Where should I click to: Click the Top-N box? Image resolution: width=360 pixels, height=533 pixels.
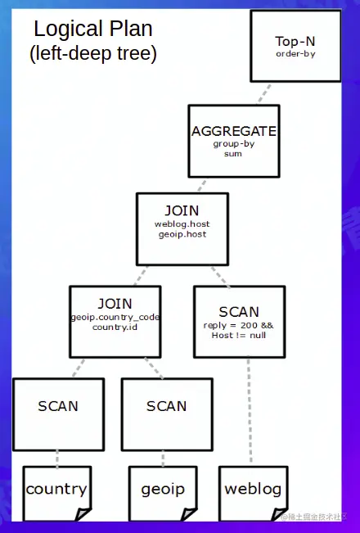pos(295,46)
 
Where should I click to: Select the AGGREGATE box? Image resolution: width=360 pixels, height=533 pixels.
pos(233,141)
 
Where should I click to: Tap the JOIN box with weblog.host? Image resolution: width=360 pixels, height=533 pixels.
pos(182,229)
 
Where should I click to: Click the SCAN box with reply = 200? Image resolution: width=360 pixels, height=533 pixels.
pos(239,322)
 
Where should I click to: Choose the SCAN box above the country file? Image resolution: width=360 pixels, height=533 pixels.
pos(58,413)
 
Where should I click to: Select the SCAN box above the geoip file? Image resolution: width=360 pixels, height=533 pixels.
pos(166,413)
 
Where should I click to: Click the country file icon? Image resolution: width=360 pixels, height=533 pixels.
pos(56,492)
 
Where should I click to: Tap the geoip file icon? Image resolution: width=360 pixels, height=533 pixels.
pos(163,492)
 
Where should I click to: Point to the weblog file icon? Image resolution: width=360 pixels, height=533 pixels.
pos(253,492)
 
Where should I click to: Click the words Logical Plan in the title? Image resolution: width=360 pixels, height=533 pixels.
pos(92,29)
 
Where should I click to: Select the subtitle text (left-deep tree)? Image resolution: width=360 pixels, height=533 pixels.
pos(92,54)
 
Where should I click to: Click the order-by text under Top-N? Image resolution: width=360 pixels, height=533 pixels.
pos(295,54)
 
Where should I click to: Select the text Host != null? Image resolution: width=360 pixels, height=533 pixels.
pos(239,335)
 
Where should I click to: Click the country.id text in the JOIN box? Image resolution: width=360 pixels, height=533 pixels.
pos(115,327)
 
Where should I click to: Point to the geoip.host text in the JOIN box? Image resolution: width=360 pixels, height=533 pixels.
pos(181,234)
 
